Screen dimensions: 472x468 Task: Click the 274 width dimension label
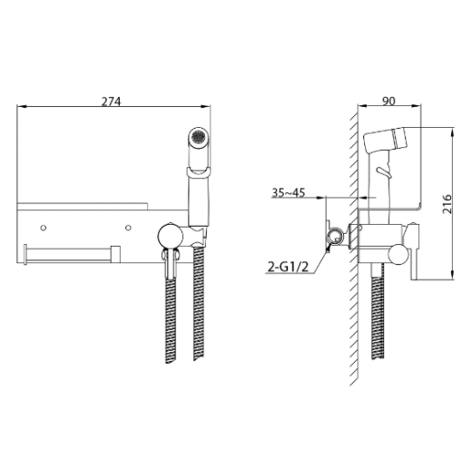point(111,102)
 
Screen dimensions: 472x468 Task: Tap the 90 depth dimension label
point(388,101)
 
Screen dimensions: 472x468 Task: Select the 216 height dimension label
point(447,204)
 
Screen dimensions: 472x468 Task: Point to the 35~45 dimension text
point(289,192)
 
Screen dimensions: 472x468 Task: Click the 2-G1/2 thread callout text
point(288,267)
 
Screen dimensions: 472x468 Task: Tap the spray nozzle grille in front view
point(199,138)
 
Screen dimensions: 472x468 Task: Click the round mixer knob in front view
point(171,236)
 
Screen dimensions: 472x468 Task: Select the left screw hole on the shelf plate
point(44,228)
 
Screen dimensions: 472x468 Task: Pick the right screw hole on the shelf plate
point(128,228)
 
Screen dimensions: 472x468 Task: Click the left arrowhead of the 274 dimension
point(21,106)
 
